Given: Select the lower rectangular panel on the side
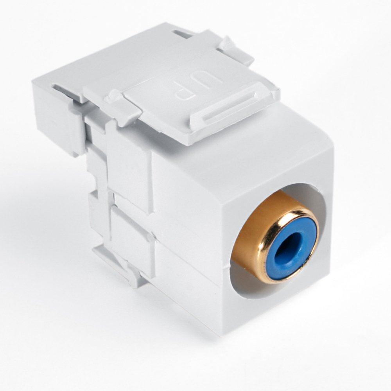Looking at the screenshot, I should (x=133, y=239).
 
